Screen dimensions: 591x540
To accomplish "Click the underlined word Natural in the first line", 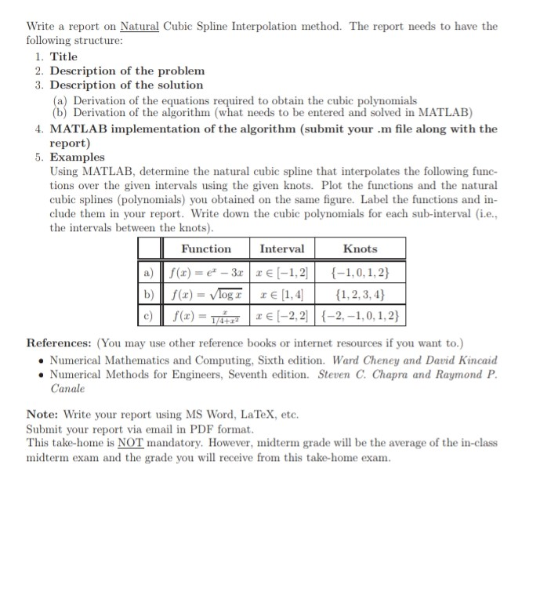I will [x=140, y=27].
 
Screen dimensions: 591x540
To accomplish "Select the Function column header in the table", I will [x=206, y=248].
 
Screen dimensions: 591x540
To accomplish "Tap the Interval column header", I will [x=281, y=248].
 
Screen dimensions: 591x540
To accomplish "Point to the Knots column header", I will [x=360, y=248].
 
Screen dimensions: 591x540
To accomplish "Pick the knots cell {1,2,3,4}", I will [x=360, y=296].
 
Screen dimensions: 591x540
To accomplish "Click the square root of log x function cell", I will [x=206, y=296].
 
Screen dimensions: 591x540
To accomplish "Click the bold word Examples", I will [x=77, y=157].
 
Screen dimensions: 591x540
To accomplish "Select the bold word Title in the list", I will [x=63, y=56].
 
